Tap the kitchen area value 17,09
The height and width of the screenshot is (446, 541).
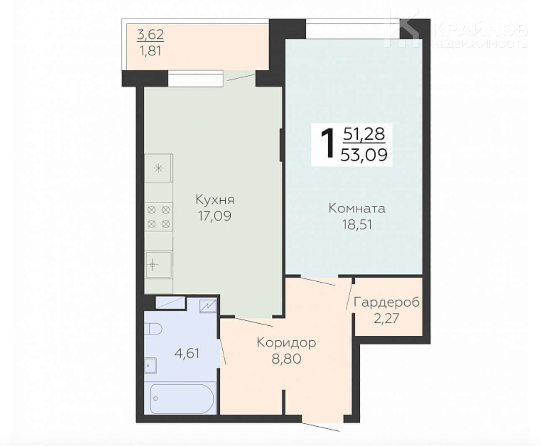tap(215, 216)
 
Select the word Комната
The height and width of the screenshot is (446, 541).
tap(357, 208)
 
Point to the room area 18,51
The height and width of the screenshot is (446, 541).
tap(357, 225)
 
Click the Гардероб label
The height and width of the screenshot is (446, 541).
tap(386, 302)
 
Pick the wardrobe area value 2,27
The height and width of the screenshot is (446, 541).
tap(386, 318)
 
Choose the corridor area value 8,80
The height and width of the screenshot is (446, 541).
tap(286, 359)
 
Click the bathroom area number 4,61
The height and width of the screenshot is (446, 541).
tap(187, 353)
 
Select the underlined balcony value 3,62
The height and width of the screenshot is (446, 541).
tap(150, 34)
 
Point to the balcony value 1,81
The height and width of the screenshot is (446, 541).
tap(150, 51)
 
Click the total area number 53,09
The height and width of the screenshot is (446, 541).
tap(364, 155)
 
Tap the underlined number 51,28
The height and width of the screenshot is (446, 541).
tap(364, 135)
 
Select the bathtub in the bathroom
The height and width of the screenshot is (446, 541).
tap(182, 399)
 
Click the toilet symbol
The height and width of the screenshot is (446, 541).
tap(153, 329)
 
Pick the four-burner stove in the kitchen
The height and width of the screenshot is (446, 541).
tap(159, 217)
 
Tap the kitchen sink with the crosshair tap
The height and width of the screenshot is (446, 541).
tap(159, 264)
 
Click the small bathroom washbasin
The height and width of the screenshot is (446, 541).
tap(150, 366)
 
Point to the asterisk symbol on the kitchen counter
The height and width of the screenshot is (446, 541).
tap(159, 169)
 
